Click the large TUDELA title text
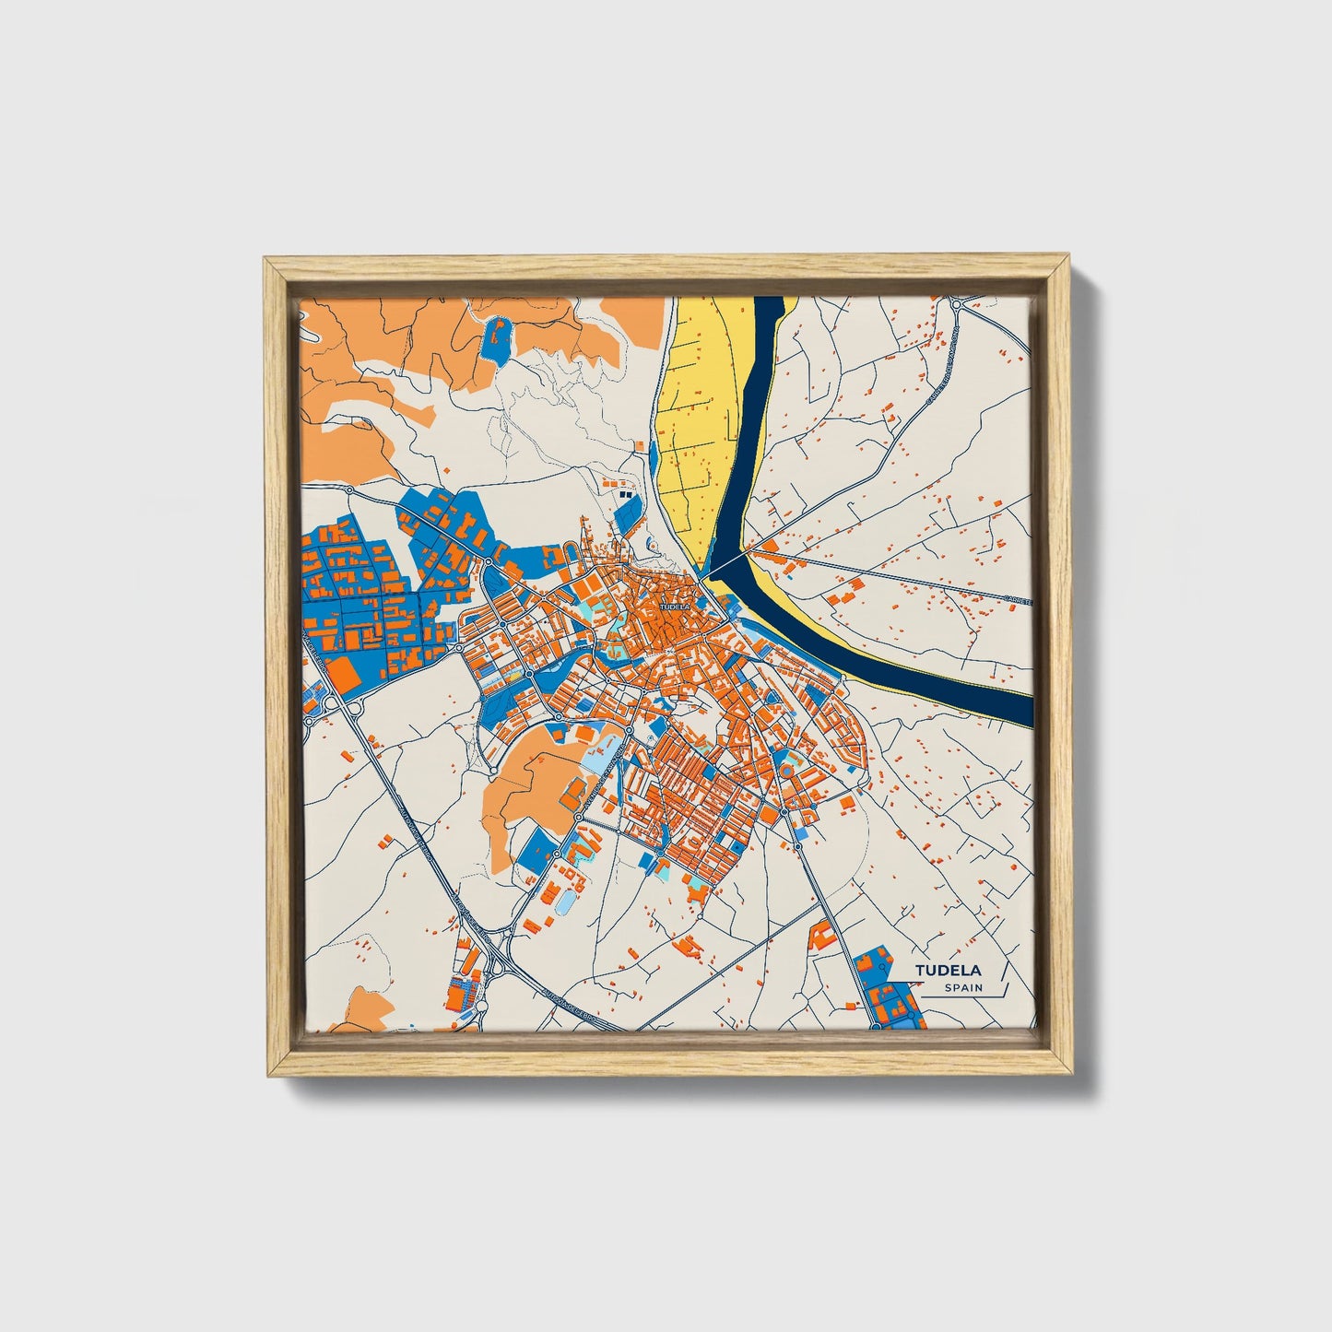click(x=949, y=970)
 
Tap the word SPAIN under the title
click(x=963, y=988)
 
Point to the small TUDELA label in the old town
click(x=674, y=607)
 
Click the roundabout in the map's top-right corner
click(x=957, y=303)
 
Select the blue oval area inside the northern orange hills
click(x=496, y=340)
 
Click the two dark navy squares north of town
click(x=626, y=496)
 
